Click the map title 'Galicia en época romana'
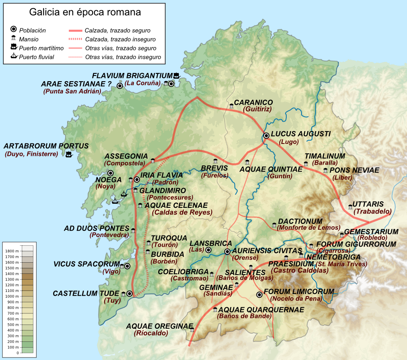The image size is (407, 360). tap(85, 12)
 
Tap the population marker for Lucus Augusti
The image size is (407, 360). tap(267, 136)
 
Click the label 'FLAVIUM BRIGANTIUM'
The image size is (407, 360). tap(132, 75)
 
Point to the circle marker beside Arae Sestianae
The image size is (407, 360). tap(119, 86)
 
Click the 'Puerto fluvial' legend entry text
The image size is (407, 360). tap(37, 57)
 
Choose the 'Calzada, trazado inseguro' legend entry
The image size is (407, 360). tap(120, 39)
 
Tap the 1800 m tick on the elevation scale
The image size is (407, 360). tap(12, 251)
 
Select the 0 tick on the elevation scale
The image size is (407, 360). tap(17, 353)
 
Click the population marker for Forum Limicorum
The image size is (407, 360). tap(259, 294)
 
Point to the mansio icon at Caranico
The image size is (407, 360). tap(232, 106)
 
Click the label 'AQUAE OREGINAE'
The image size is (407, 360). tap(159, 326)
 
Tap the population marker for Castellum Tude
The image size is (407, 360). tap(130, 294)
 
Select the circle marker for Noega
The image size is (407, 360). tap(110, 173)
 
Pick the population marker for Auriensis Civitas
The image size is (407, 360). tap(227, 251)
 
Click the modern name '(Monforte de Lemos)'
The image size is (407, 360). tap(309, 228)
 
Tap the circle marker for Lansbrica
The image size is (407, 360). tap(208, 250)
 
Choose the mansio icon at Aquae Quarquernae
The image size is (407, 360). tap(215, 309)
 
